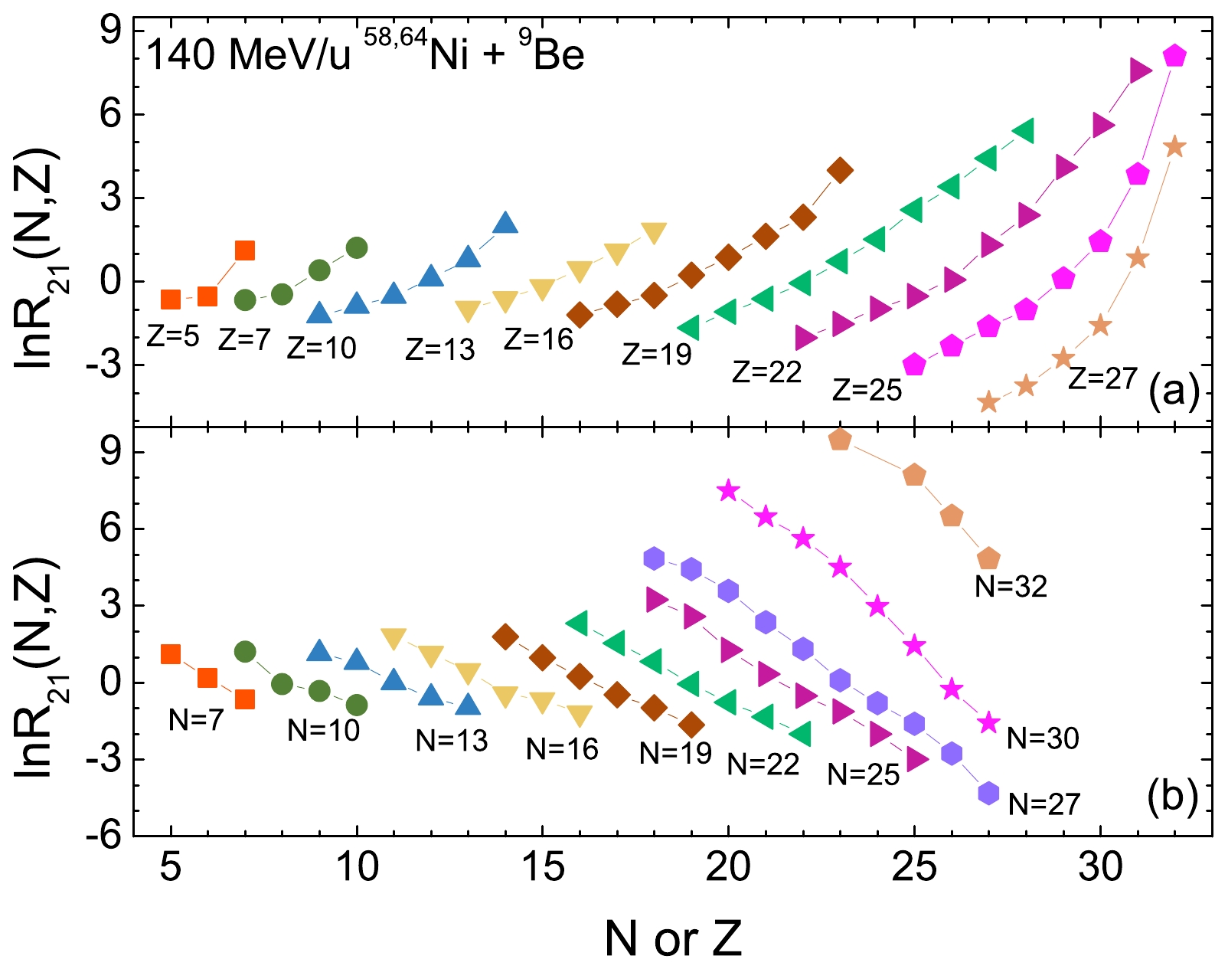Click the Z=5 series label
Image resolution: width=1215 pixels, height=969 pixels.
click(172, 336)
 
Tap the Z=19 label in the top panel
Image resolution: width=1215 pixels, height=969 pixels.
click(656, 354)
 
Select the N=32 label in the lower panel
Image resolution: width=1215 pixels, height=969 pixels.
click(1011, 586)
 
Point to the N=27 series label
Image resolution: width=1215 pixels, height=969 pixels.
click(1044, 804)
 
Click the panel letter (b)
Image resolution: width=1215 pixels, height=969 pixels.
click(1172, 797)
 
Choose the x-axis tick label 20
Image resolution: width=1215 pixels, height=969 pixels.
click(728, 867)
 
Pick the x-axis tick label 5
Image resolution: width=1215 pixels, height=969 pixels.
click(171, 867)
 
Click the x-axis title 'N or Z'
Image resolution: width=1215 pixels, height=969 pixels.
click(673, 938)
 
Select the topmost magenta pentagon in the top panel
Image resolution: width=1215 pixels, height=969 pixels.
click(1175, 56)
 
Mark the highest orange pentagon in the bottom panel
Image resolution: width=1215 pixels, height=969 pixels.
click(840, 440)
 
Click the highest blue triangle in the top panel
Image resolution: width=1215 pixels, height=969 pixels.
click(505, 223)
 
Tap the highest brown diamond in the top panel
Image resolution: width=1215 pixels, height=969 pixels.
click(840, 170)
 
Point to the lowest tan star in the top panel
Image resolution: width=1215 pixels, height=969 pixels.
click(988, 402)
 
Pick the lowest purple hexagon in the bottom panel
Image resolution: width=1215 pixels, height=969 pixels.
click(988, 793)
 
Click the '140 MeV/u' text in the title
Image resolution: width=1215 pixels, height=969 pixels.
click(248, 55)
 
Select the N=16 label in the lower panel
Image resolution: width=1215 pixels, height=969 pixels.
click(562, 749)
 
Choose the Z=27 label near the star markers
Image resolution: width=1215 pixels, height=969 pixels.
click(1102, 378)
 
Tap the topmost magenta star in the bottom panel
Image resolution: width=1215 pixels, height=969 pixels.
click(728, 491)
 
